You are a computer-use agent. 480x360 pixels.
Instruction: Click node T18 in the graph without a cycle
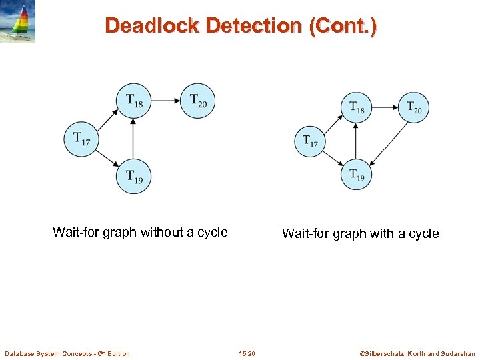(x=133, y=101)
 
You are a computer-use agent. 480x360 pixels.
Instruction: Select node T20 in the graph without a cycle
(x=198, y=101)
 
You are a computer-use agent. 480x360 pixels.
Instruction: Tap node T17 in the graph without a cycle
(x=81, y=139)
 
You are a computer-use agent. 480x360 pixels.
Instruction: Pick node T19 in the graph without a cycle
(x=133, y=177)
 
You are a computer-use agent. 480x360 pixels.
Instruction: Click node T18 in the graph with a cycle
(x=357, y=107)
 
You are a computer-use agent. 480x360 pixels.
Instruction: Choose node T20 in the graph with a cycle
(x=413, y=107)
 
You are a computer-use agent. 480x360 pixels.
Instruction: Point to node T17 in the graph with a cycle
(x=310, y=141)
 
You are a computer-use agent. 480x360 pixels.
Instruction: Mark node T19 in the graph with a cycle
(x=357, y=175)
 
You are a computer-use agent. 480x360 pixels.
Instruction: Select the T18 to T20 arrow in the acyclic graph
(x=165, y=101)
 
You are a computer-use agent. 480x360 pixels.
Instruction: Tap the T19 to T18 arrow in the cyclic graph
(x=357, y=141)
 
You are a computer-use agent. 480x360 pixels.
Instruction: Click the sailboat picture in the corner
(x=18, y=21)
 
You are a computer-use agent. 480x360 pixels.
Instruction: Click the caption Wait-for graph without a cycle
(x=140, y=233)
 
